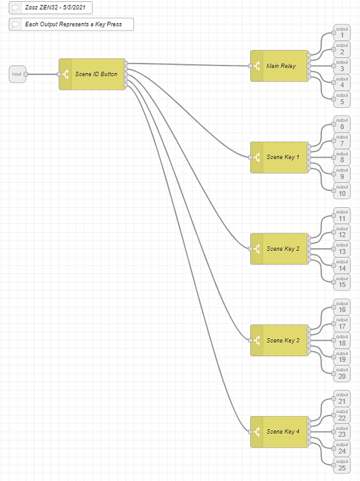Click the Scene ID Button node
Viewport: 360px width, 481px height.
coord(93,74)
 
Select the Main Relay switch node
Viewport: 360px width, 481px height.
coord(280,65)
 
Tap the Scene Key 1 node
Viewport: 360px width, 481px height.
coord(280,157)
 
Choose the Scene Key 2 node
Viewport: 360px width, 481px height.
coord(280,249)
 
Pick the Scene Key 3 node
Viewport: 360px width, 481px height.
coord(280,340)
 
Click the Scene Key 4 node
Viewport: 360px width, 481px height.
coord(280,432)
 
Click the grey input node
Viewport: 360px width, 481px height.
coord(17,74)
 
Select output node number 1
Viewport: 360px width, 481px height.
coord(341,33)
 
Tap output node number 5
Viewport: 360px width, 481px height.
coord(341,99)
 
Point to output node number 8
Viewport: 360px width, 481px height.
coord(341,157)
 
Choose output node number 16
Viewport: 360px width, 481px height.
coord(341,307)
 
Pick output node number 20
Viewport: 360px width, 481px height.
coord(341,373)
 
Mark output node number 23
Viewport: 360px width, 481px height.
coord(341,432)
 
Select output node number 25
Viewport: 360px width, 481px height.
coord(341,465)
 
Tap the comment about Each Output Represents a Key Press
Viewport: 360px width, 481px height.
coord(71,24)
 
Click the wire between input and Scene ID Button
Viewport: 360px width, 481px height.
coord(42,74)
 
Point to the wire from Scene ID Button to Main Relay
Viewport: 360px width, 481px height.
coord(186,64)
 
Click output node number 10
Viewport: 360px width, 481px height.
coord(341,190)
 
